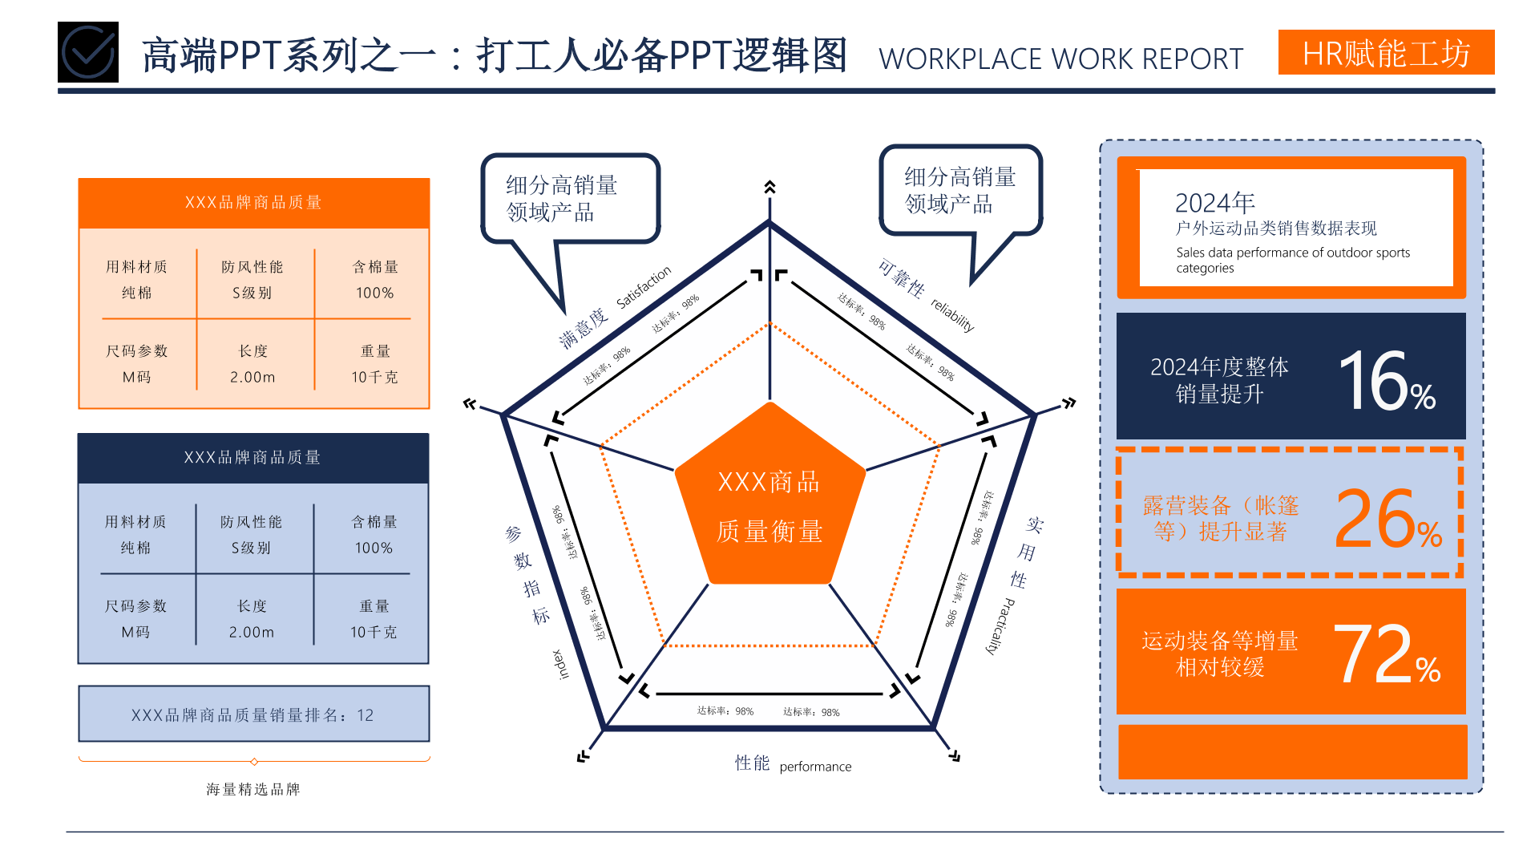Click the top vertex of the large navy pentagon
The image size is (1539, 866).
(769, 223)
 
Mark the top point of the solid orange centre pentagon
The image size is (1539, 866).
(770, 402)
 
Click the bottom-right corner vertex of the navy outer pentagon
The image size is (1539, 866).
(934, 728)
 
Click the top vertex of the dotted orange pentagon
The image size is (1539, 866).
(770, 323)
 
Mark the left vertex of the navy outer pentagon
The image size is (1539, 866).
(503, 415)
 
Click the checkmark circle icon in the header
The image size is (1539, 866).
(88, 52)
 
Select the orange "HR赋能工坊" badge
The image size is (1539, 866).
(1386, 52)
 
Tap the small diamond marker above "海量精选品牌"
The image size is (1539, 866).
(254, 761)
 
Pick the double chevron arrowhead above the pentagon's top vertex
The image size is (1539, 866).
(769, 187)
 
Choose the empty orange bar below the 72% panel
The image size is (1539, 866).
(1292, 751)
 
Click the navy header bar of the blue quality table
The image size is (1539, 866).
(253, 458)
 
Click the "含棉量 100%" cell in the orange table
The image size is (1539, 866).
(375, 280)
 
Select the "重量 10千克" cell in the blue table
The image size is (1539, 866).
(374, 619)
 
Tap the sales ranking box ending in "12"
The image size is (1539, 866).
(254, 714)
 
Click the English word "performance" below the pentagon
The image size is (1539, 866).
(815, 767)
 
